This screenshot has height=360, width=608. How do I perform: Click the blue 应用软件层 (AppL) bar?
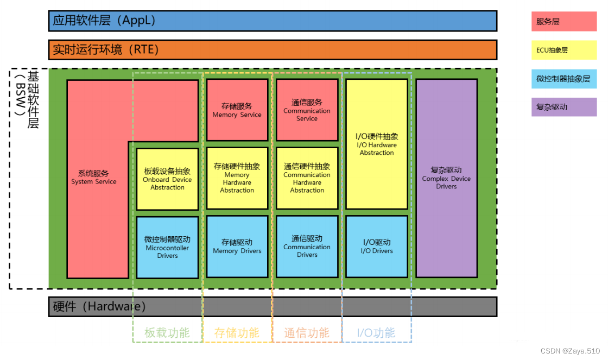tap(273, 21)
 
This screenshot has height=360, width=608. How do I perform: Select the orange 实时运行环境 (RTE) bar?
tap(273, 49)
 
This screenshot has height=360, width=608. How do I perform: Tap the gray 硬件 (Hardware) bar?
tap(273, 306)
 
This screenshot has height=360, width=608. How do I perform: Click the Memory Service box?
tap(237, 110)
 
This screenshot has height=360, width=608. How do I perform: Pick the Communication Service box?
tap(307, 110)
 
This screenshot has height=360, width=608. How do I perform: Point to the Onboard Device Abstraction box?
tap(167, 179)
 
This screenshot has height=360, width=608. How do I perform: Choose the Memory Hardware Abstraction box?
tap(237, 178)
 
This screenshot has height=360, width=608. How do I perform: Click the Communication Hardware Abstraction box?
tap(307, 178)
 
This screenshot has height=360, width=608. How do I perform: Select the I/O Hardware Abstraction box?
tap(377, 144)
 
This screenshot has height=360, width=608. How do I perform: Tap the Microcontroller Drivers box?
tap(167, 247)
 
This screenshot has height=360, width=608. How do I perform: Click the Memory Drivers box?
tap(237, 247)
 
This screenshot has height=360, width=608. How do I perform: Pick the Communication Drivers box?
tap(307, 247)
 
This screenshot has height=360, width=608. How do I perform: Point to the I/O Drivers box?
tap(377, 247)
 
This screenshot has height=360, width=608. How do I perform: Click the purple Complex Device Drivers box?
tap(446, 178)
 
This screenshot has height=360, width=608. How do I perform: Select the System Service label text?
tap(93, 178)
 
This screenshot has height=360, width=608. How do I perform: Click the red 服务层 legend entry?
tap(563, 22)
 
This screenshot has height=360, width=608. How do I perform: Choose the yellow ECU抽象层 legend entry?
tap(563, 50)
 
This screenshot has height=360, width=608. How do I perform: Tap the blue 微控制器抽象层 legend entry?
tap(563, 79)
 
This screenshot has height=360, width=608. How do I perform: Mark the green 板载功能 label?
tap(167, 333)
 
